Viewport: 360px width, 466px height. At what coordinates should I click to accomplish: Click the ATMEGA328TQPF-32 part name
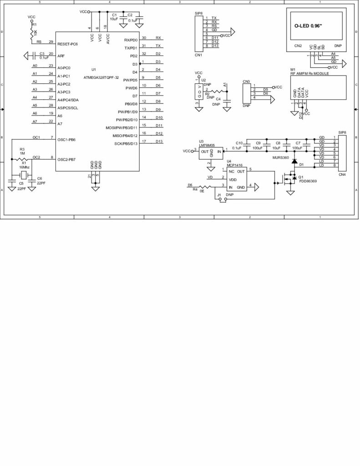click(101, 77)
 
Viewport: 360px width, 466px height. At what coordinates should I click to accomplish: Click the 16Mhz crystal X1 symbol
click(24, 173)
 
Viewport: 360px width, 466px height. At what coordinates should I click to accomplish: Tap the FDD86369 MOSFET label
click(308, 181)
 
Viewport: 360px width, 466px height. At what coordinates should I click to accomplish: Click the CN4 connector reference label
click(342, 174)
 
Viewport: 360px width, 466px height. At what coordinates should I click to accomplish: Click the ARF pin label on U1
click(61, 56)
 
